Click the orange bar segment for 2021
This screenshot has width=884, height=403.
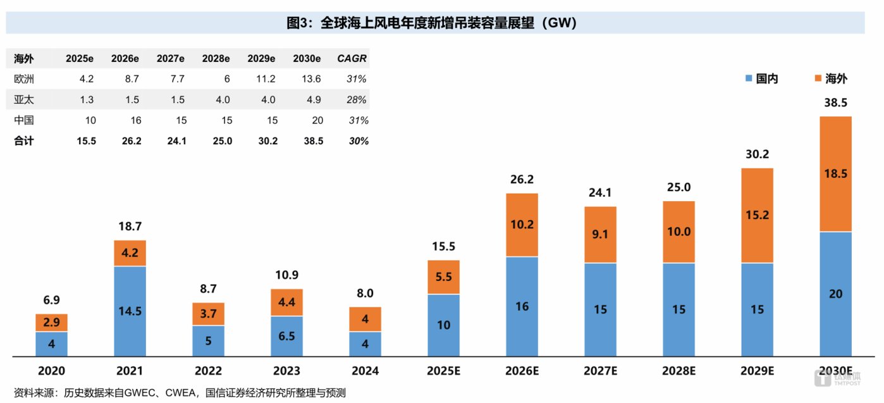[130, 253]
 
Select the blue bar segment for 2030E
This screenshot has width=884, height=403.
[835, 294]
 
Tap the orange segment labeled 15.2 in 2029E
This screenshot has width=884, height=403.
[757, 215]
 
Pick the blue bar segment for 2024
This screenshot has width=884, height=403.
[365, 344]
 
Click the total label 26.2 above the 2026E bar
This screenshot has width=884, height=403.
[522, 180]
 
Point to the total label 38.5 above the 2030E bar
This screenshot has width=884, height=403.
[835, 103]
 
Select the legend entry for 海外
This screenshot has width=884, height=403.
[830, 78]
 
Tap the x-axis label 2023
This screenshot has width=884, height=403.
[286, 371]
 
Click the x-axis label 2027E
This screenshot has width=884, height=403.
[600, 371]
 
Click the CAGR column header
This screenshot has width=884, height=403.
[352, 59]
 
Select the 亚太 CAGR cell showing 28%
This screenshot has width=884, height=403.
[357, 100]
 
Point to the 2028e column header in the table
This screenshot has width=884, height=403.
[216, 59]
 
